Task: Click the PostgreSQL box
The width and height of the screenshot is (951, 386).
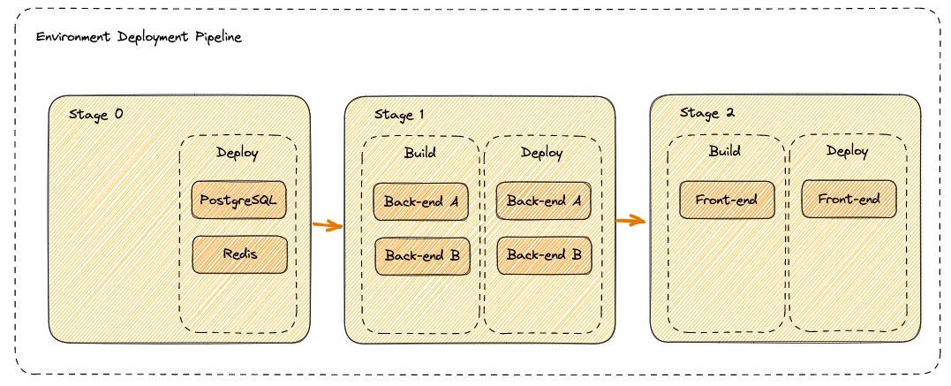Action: pos(238,201)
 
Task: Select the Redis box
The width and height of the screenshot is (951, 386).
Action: pos(239,254)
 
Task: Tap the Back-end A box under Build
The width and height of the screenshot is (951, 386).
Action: pos(421,201)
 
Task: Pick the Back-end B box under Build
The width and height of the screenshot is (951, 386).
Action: pos(422,255)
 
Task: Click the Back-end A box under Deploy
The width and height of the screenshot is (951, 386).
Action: pos(543,201)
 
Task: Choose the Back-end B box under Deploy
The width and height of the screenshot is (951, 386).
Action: pos(543,255)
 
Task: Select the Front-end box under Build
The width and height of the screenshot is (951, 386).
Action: pos(726,200)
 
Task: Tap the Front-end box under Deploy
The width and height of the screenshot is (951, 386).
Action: pos(849,199)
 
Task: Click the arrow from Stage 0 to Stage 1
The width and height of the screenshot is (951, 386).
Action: pos(328,225)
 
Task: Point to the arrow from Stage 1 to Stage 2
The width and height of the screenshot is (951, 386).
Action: pos(631,221)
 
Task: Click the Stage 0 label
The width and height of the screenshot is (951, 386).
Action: pos(96,115)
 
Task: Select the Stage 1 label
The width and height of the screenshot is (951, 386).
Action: pos(399,115)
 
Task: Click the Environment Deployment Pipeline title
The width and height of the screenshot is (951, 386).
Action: pos(139,39)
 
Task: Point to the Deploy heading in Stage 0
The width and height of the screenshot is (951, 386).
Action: pos(238,153)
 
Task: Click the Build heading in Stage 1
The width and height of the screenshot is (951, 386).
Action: pos(420,153)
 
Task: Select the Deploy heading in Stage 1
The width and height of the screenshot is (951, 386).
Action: pos(542,153)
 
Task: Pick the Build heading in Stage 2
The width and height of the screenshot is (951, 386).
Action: pos(724,151)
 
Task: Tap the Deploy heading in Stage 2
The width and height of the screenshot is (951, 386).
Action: pos(848,151)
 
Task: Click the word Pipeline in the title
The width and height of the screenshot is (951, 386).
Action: pos(217,39)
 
